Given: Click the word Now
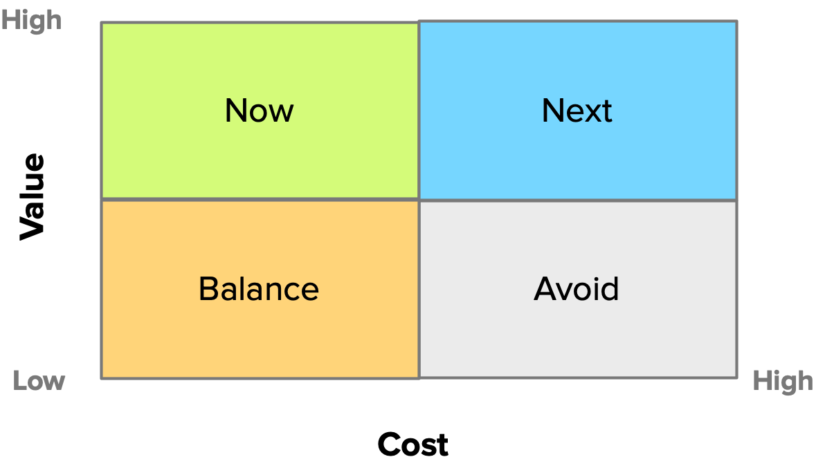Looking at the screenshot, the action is (x=259, y=110).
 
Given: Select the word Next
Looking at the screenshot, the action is (x=577, y=110).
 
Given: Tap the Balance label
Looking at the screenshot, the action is (x=259, y=288).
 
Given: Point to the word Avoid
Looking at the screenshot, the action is (x=577, y=288).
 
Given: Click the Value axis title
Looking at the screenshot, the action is (x=32, y=196).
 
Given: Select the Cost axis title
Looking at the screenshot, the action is (x=413, y=445).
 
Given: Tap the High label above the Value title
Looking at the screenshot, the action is (x=31, y=21).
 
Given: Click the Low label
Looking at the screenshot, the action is (x=39, y=381).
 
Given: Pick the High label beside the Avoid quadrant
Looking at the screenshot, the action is (x=783, y=381).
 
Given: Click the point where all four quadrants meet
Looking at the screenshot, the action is (x=419, y=200).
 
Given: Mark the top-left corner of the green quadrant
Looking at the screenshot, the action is (x=102, y=23).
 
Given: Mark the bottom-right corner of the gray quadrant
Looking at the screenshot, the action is (x=737, y=378).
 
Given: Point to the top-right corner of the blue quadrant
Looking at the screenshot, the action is (x=737, y=21).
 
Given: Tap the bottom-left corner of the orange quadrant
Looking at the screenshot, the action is (x=102, y=378).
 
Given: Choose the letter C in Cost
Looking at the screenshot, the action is (x=390, y=445).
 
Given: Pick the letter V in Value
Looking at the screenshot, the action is (x=32, y=228).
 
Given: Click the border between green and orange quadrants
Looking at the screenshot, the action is (x=260, y=199).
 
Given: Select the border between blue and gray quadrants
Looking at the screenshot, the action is (x=578, y=201).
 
